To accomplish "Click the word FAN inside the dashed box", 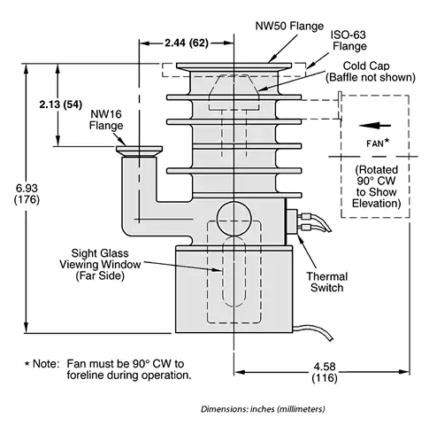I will pos(373,142).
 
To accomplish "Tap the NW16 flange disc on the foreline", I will pos(139,151).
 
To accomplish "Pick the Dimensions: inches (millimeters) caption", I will pos(262,408).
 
